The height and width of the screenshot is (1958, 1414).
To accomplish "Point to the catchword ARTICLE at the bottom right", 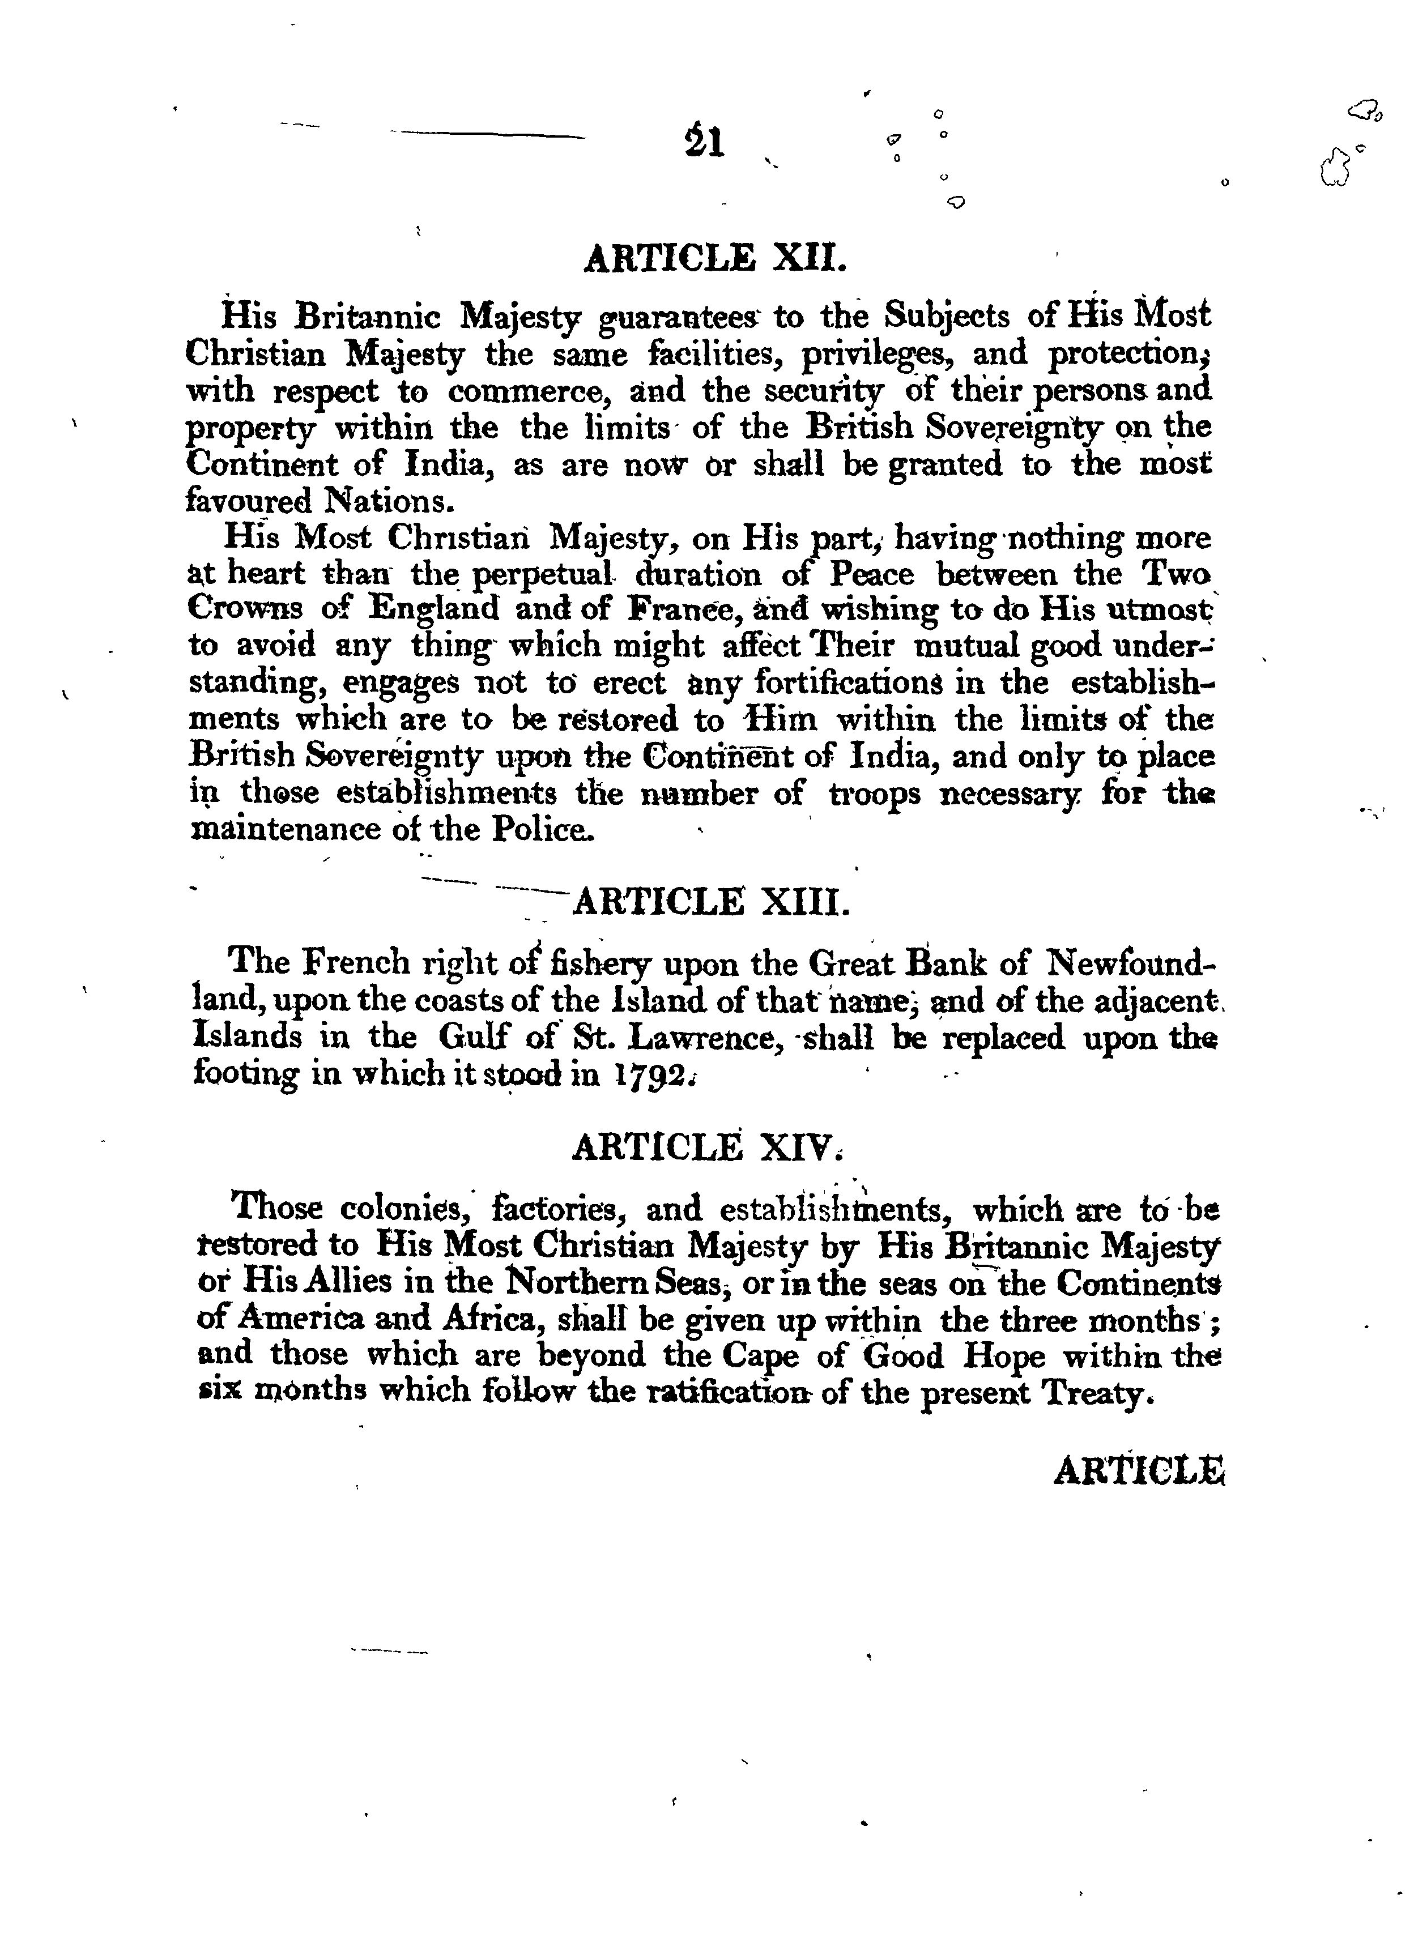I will pyautogui.click(x=1139, y=1471).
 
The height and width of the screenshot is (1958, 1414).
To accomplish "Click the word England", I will pyautogui.click(x=434, y=609).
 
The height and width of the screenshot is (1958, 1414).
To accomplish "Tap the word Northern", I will pyautogui.click(x=587, y=1284).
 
